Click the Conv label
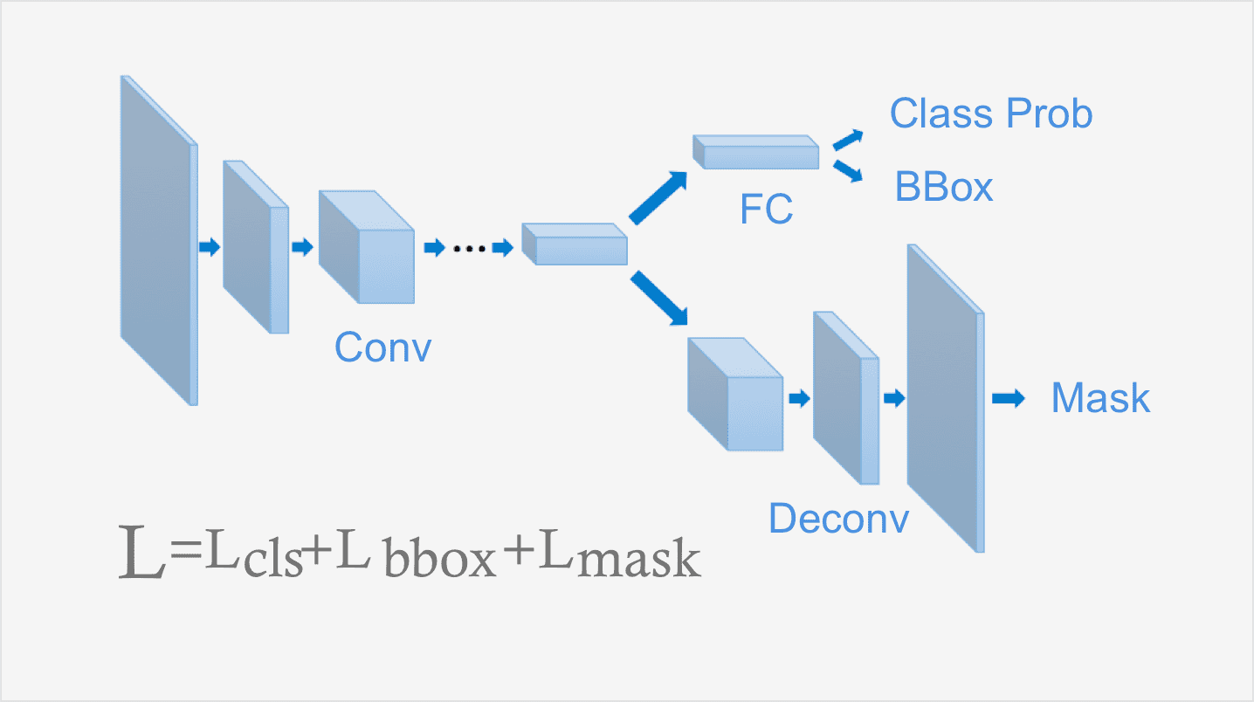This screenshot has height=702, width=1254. pyautogui.click(x=382, y=348)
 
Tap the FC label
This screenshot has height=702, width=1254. pyautogui.click(x=766, y=209)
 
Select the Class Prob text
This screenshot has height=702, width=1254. pyautogui.click(x=991, y=114)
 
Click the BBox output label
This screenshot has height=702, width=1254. pyautogui.click(x=944, y=187)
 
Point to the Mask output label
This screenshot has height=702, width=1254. pyautogui.click(x=1100, y=398)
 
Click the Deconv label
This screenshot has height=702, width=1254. pyautogui.click(x=838, y=519)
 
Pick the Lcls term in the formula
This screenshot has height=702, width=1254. pyautogui.click(x=253, y=556)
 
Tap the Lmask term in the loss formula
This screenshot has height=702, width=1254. pyautogui.click(x=619, y=556)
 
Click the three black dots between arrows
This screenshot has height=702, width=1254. pyautogui.click(x=469, y=249)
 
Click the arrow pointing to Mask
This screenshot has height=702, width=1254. pyautogui.click(x=1008, y=399)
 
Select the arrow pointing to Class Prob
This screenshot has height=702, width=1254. pyautogui.click(x=848, y=140)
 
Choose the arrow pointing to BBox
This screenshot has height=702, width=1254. pyautogui.click(x=848, y=170)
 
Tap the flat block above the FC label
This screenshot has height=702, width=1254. pyautogui.click(x=756, y=152)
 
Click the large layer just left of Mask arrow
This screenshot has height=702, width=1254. pyautogui.click(x=945, y=397)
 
